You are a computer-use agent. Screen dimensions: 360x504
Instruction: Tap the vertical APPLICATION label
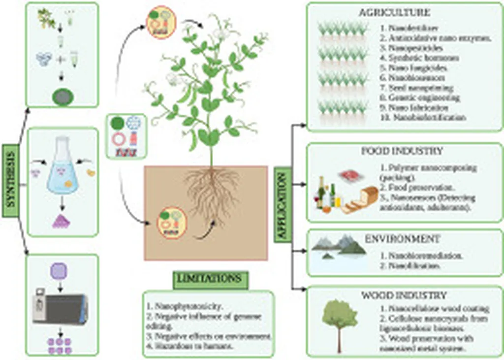pos(282,203)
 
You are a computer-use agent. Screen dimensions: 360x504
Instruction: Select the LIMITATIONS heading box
pos(210,279)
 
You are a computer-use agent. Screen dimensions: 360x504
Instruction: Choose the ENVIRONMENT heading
pos(403,239)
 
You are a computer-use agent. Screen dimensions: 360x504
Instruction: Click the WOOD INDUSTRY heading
pos(404,295)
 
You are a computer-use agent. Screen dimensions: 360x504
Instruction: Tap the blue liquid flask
pos(62,170)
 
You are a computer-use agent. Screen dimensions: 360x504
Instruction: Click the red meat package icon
pos(349,173)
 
